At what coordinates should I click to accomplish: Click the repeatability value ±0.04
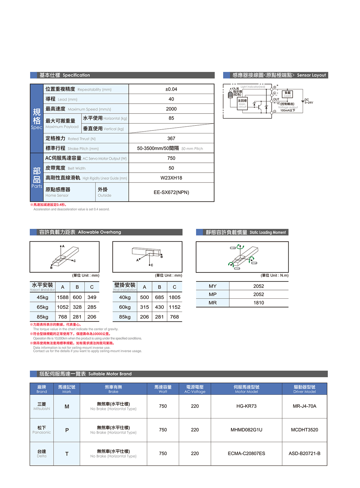(x=171, y=89)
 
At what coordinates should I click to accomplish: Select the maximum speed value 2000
(x=171, y=109)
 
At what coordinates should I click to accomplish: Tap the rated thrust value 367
(x=171, y=139)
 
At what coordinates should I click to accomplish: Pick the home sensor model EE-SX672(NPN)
(x=171, y=192)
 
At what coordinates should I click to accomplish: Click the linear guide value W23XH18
(x=171, y=178)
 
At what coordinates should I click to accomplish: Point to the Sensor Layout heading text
(x=311, y=75)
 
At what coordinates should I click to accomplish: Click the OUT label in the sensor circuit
(x=276, y=99)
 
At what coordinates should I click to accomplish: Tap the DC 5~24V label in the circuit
(x=308, y=101)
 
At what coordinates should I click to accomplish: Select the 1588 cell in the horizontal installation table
(x=63, y=297)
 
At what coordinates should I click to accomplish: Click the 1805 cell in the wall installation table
(x=174, y=297)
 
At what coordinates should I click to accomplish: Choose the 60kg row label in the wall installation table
(x=125, y=307)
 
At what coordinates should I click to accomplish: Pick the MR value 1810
(x=258, y=303)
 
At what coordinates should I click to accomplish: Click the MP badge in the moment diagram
(x=254, y=263)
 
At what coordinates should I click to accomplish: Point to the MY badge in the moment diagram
(x=233, y=248)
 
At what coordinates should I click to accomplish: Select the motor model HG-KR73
(x=246, y=406)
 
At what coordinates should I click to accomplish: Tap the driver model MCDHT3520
(x=304, y=430)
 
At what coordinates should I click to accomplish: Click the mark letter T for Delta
(x=67, y=454)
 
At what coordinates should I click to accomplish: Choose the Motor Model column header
(x=246, y=389)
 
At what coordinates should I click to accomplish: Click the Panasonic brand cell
(x=42, y=430)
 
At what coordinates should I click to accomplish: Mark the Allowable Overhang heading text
(x=99, y=232)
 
